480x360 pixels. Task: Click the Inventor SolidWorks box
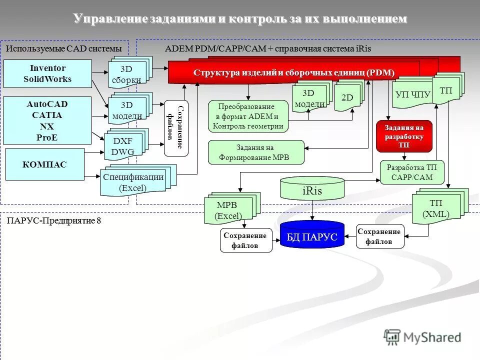coord(48,74)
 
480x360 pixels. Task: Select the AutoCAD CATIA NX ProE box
coord(47,120)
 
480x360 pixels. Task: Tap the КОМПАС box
coord(44,164)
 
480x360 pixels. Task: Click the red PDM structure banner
coord(293,73)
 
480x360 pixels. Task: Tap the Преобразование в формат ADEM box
coord(248,116)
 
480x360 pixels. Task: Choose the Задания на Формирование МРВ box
coord(255,152)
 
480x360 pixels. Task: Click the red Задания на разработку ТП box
coord(403,136)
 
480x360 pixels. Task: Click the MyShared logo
coord(422,337)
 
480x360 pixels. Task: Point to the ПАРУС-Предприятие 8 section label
coord(53,220)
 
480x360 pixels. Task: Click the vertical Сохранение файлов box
coord(176,128)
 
